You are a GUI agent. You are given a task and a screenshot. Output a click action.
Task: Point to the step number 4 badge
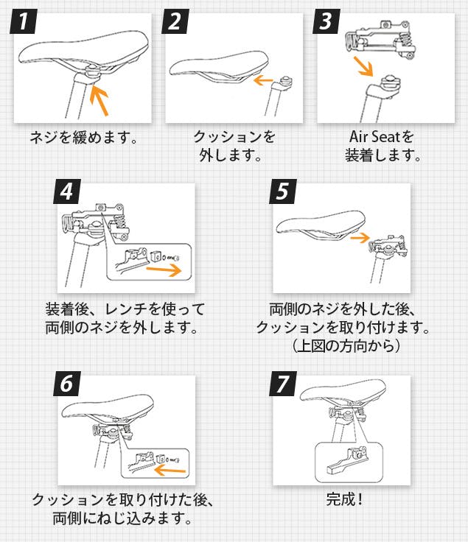click(67, 193)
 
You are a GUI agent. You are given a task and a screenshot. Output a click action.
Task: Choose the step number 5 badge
click(282, 193)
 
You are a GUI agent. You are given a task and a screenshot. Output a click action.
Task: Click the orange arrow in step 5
click(360, 237)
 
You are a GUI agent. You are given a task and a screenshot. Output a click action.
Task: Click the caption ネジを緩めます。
click(83, 138)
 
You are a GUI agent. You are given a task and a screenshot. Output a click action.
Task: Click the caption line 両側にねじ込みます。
click(122, 519)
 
